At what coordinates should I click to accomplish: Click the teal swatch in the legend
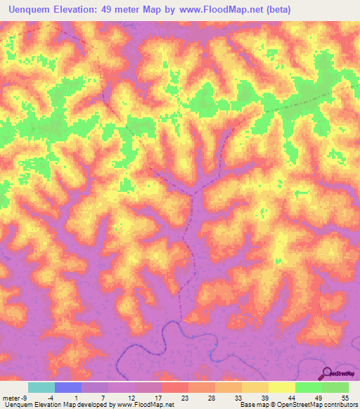click(41, 387)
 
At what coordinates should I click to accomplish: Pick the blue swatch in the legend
click(68, 387)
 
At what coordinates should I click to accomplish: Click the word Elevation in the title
click(81, 10)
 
